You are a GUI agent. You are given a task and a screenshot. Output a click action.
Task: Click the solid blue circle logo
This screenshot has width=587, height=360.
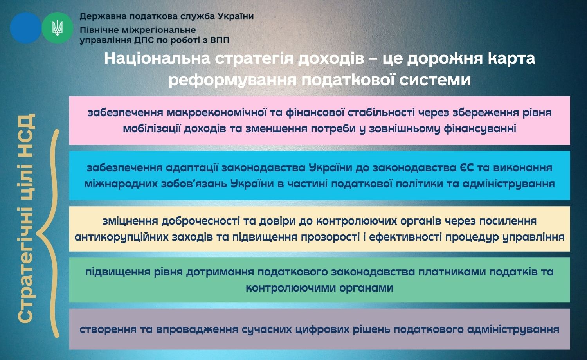tap(26, 28)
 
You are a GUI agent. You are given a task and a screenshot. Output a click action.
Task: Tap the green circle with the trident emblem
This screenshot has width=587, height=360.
tap(58, 28)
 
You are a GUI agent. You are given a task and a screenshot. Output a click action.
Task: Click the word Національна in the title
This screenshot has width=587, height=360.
tap(157, 58)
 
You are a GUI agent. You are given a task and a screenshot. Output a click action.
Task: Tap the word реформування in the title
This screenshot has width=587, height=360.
tap(232, 80)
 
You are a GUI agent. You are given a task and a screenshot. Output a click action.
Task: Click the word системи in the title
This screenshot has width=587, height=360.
tap(435, 80)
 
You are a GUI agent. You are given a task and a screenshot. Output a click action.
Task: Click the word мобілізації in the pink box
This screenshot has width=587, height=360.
tap(151, 129)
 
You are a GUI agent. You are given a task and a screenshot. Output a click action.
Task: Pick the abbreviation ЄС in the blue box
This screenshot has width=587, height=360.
tap(466, 168)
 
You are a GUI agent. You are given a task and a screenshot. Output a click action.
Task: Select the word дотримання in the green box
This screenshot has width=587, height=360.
tap(220, 272)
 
